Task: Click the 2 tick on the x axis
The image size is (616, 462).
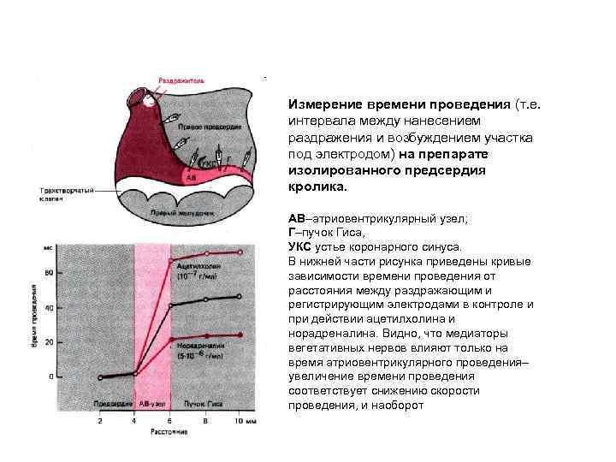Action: [x=100, y=421]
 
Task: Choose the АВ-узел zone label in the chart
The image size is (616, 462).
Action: [x=153, y=401]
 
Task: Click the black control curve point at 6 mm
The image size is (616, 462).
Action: [x=171, y=305]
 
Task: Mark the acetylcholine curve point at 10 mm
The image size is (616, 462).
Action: [x=241, y=252]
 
